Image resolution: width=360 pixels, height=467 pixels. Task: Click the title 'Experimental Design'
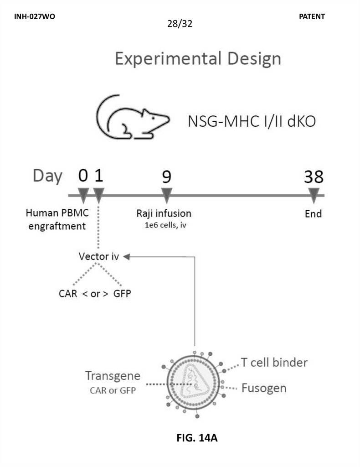198,59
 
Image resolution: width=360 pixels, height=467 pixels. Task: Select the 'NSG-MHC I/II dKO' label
252,122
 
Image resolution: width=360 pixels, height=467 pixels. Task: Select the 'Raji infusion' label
164,213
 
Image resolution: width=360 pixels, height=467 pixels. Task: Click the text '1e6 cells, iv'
164,224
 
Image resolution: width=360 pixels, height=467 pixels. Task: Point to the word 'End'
314,214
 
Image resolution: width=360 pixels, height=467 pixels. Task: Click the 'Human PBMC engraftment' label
57,219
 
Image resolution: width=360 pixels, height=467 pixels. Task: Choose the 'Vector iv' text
99,257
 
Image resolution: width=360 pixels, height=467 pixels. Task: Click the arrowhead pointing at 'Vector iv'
127,257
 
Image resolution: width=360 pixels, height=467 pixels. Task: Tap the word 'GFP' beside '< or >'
122,293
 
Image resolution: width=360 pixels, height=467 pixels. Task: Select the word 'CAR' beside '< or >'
68,293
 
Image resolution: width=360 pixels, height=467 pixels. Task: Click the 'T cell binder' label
274,363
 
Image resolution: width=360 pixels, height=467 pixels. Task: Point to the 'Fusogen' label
264,388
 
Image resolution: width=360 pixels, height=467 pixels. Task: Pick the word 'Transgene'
113,377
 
